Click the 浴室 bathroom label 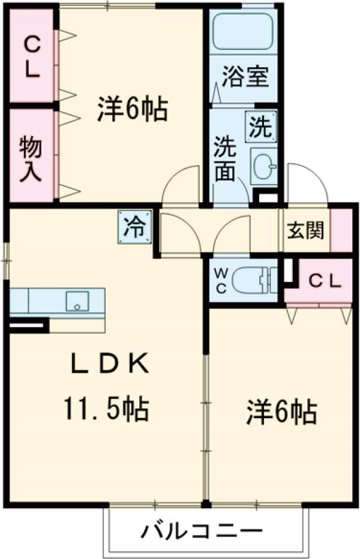[245, 77]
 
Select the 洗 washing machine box [262, 127]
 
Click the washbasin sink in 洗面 [263, 165]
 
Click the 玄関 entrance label [306, 231]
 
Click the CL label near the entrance [325, 279]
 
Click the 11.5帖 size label [107, 410]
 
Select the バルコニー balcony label [202, 531]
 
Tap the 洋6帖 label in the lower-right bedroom [281, 413]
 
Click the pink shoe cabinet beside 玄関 [342, 230]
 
